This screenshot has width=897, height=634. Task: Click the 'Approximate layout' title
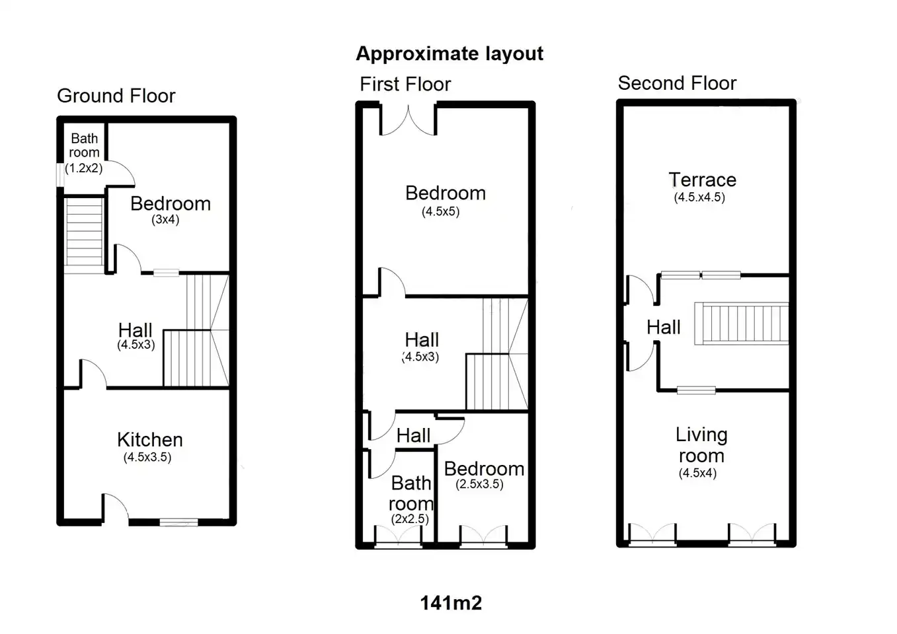click(x=449, y=54)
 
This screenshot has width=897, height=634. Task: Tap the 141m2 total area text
click(x=451, y=603)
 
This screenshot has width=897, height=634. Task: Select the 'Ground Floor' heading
click(x=116, y=96)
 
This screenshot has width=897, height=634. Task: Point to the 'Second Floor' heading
click(x=677, y=83)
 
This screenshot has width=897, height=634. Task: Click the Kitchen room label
click(x=150, y=440)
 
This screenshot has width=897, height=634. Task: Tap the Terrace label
click(x=703, y=180)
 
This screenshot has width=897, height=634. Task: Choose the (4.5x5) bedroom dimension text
click(x=440, y=211)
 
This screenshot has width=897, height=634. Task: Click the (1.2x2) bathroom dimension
click(x=84, y=168)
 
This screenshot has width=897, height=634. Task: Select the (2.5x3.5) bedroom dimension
click(x=479, y=484)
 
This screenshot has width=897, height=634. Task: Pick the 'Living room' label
click(x=701, y=445)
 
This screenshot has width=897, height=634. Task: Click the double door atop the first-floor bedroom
click(x=408, y=120)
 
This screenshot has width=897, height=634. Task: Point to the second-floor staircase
click(x=742, y=324)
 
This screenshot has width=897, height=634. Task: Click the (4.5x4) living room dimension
click(x=697, y=473)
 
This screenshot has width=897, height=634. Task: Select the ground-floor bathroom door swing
click(x=120, y=174)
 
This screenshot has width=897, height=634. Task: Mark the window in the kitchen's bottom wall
click(x=178, y=522)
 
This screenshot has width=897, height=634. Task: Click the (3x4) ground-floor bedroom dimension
click(x=165, y=219)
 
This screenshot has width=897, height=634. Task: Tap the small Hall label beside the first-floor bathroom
click(x=413, y=436)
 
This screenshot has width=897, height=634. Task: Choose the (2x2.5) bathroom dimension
click(x=410, y=519)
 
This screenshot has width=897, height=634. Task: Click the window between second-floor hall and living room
click(x=696, y=390)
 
